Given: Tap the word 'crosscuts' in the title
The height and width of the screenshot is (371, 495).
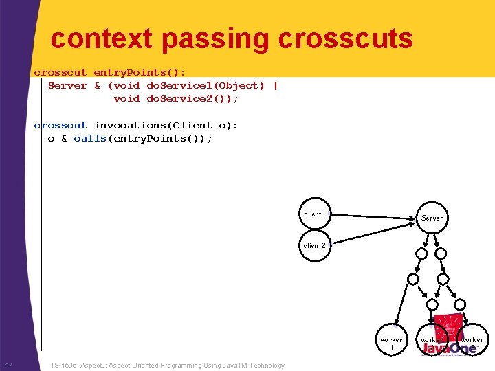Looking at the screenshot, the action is coord(346,39).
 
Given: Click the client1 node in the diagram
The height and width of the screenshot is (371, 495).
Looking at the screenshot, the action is coord(315,214).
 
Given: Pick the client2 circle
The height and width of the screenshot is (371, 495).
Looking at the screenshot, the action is coord(315,245).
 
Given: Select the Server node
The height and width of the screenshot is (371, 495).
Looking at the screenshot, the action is coord(432,218).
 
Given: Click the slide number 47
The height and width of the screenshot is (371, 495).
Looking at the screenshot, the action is coord(9,365).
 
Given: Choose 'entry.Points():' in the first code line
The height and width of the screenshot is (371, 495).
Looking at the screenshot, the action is coord(139,72).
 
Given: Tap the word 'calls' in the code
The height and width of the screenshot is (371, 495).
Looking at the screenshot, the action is coord(90,138).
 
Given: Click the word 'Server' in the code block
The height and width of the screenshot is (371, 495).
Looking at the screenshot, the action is coord(67,86).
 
